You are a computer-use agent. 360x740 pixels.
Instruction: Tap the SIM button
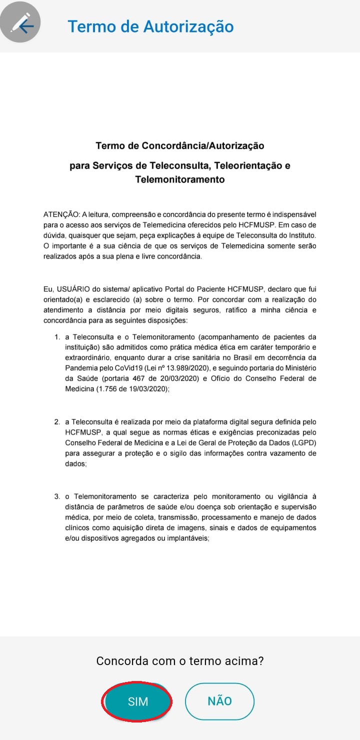pos(137,701)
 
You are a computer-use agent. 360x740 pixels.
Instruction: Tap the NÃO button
pos(219,701)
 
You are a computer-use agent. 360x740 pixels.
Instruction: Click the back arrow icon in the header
pos(21,24)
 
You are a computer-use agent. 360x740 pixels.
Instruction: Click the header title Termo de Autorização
pos(150,26)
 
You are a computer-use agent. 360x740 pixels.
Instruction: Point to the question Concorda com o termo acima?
pos(180,661)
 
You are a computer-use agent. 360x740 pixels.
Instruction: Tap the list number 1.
pos(57,337)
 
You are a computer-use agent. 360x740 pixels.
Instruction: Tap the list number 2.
pos(57,422)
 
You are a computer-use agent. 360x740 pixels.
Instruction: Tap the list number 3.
pos(57,496)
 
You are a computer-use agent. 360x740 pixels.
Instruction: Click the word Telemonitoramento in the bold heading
pos(180,179)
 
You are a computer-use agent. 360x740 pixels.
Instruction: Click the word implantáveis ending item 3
pos(187,538)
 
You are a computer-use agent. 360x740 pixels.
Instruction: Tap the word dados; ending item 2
pos(76,464)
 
